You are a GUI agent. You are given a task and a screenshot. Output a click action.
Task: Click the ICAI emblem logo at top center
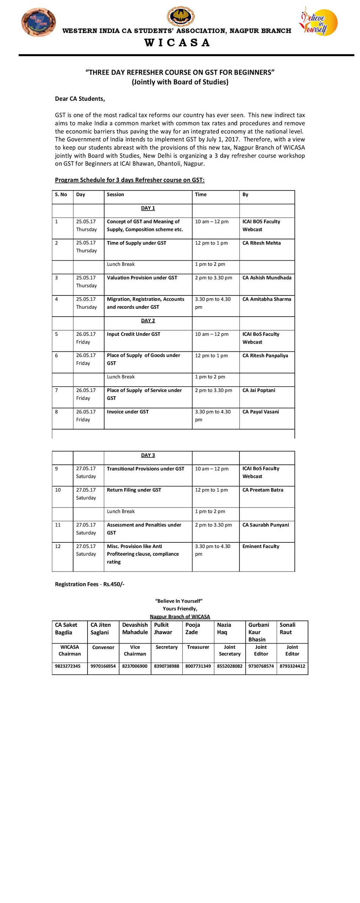[181, 16]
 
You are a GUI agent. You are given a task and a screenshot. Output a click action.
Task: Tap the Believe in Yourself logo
[318, 22]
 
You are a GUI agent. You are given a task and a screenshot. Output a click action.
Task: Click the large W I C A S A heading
[177, 42]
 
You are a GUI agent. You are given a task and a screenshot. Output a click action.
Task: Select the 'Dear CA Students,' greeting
[80, 99]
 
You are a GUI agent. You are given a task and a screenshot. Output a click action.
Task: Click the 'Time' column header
[200, 195]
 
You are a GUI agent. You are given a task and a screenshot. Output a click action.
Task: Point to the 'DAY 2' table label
[148, 320]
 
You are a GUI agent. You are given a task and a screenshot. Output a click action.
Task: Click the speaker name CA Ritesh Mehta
[261, 243]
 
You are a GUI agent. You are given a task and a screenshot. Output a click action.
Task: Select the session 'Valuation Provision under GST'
[142, 278]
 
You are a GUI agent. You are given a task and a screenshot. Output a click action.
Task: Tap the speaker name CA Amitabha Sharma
[267, 299]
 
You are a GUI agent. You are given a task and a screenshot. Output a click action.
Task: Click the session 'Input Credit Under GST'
[133, 334]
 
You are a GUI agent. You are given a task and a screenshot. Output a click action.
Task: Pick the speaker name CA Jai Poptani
[259, 390]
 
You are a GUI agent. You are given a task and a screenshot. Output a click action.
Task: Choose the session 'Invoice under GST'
[128, 412]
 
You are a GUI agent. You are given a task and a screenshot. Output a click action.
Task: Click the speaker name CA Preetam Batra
[263, 490]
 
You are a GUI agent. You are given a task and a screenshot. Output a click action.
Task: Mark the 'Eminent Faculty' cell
[261, 546]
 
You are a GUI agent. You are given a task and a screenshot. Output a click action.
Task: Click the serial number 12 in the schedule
[58, 546]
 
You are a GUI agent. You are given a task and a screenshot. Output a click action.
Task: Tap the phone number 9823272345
[67, 666]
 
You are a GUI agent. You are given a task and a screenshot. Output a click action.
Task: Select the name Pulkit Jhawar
[163, 628]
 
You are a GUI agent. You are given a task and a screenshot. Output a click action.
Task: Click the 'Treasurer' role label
[198, 647]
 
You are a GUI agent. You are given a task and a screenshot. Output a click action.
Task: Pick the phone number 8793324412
[292, 666]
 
